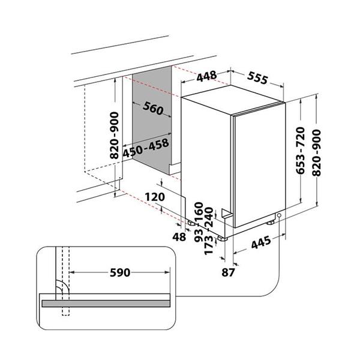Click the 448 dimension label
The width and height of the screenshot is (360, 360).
[205, 76]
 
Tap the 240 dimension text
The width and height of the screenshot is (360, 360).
[209, 218]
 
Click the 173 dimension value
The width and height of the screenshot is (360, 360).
[209, 244]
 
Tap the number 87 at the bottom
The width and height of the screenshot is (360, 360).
[228, 272]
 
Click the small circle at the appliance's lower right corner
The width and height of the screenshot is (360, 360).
[280, 218]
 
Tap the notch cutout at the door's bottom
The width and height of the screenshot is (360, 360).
[226, 212]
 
